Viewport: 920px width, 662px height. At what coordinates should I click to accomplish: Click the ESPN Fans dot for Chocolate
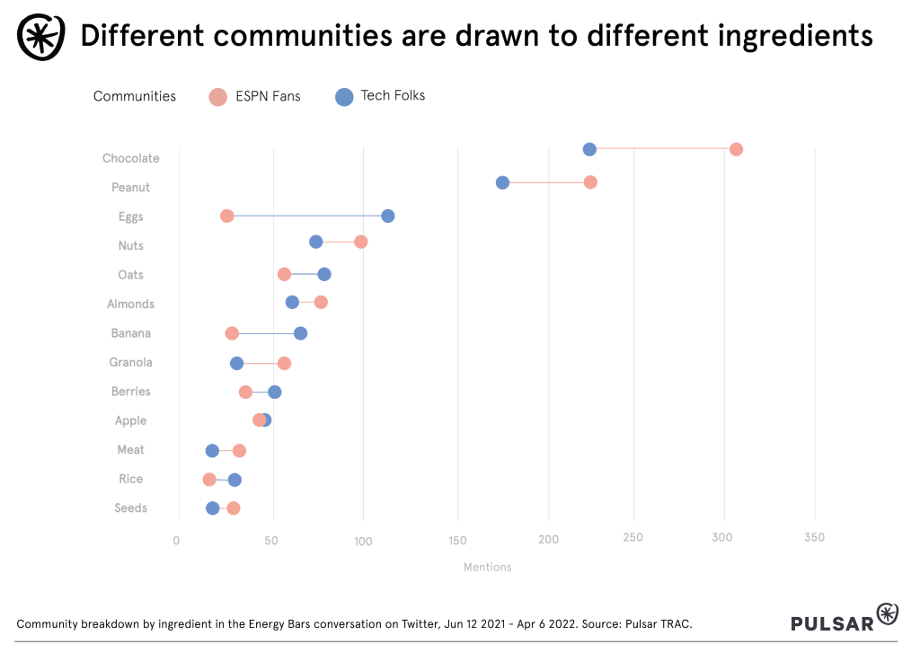click(736, 149)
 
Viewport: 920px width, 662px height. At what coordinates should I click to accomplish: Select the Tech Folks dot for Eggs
click(388, 216)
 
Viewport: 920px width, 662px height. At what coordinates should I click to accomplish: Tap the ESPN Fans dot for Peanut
click(590, 182)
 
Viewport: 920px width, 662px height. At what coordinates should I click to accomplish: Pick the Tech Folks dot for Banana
click(301, 333)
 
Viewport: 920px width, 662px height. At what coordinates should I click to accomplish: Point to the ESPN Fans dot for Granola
click(285, 363)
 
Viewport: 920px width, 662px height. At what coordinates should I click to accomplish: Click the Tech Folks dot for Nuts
click(316, 242)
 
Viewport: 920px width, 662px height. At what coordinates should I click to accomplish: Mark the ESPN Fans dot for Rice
click(209, 480)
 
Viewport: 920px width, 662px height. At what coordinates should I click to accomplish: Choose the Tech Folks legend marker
click(344, 97)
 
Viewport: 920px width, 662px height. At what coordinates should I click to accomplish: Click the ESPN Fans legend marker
click(217, 97)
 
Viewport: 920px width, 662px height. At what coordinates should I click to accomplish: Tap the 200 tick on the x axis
click(548, 539)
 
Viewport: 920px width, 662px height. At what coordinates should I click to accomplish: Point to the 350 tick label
click(814, 539)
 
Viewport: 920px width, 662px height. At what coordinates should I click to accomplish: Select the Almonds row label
click(130, 305)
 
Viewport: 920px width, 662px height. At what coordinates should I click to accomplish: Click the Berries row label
click(131, 392)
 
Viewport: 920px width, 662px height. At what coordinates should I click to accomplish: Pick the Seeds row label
click(131, 508)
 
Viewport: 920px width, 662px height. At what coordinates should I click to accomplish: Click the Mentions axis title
click(487, 568)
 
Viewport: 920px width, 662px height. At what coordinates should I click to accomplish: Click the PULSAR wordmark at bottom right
click(832, 623)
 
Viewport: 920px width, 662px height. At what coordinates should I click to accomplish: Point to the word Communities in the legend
click(135, 96)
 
